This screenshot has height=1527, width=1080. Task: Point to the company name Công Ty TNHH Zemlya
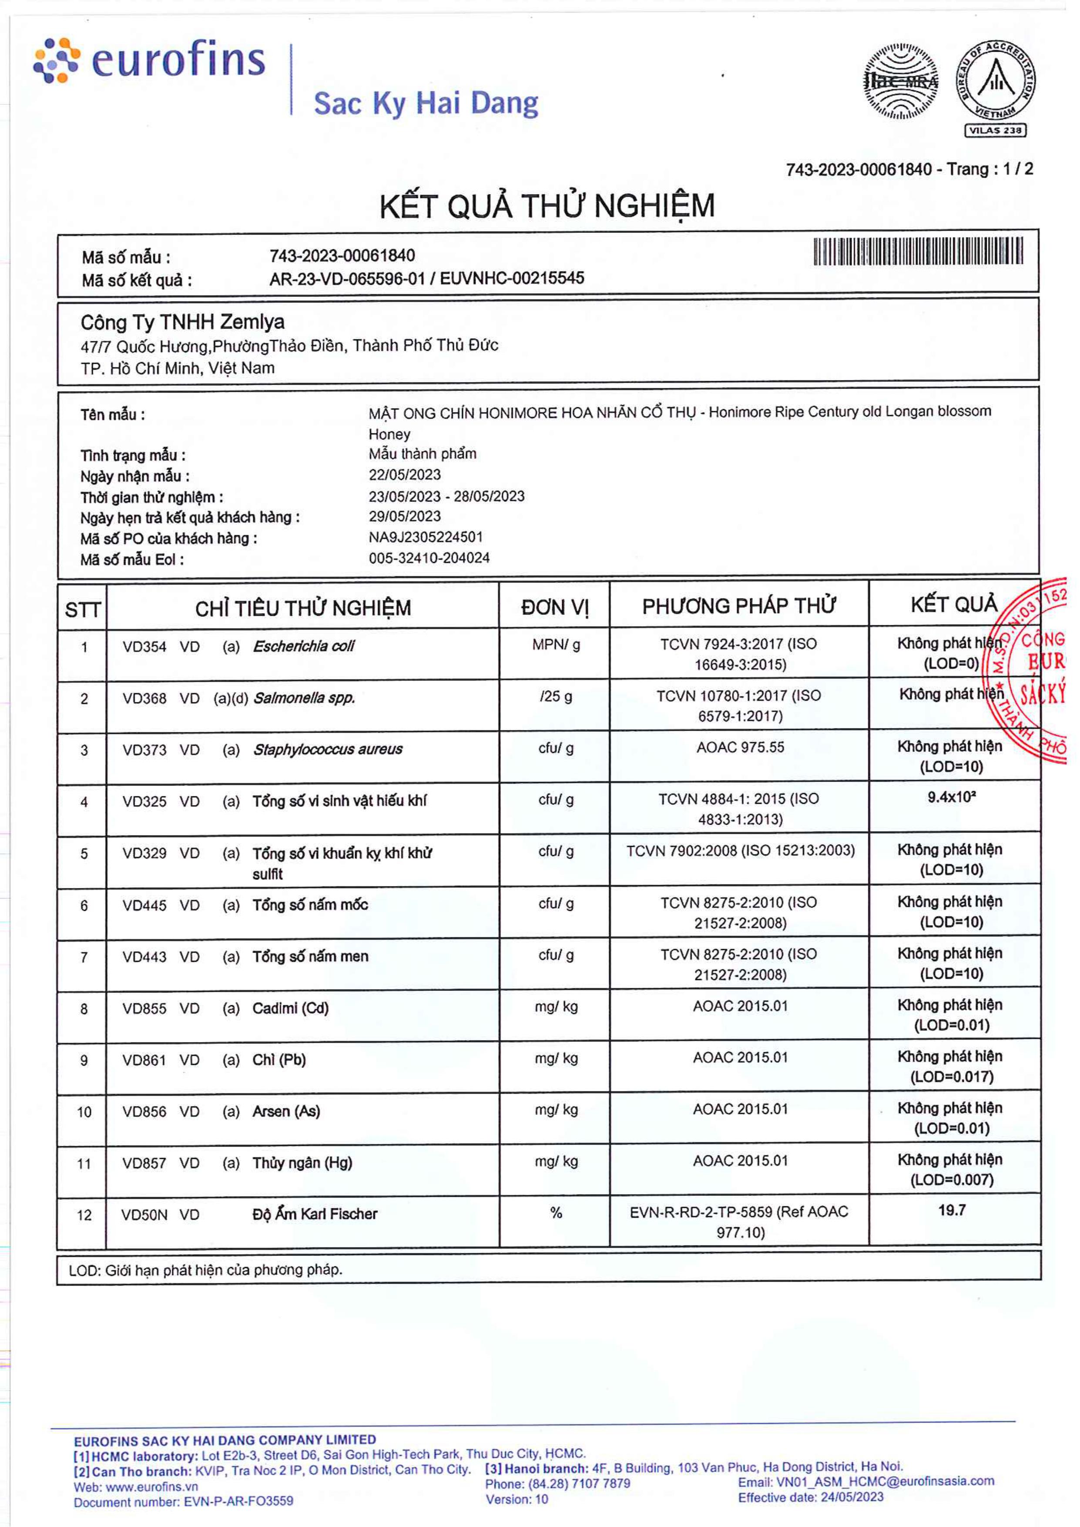(182, 322)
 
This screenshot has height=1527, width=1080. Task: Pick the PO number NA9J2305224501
(426, 537)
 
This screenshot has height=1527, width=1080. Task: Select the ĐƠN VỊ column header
(555, 607)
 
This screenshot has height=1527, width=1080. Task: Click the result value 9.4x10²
(952, 797)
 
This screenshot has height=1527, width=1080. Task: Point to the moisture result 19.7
(952, 1211)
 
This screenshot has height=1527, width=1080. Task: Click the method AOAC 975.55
(740, 748)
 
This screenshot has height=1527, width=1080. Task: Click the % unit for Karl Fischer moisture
(556, 1213)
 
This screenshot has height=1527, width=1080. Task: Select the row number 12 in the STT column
(84, 1215)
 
